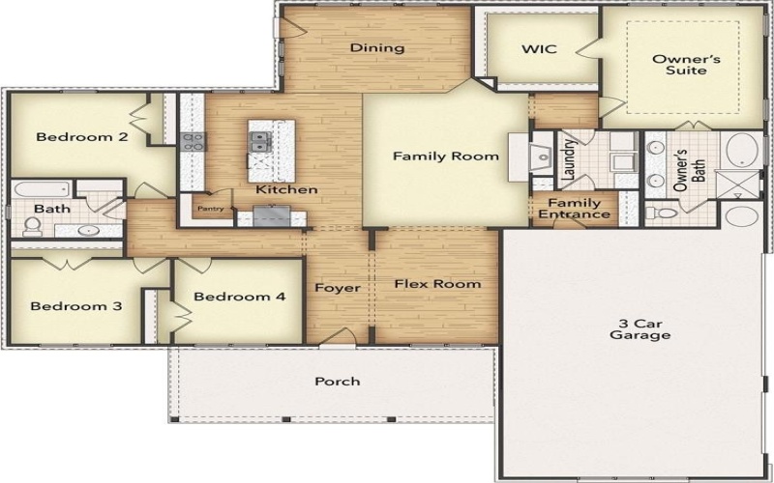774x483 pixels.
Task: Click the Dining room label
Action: click(376, 48)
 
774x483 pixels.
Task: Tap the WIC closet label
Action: click(539, 48)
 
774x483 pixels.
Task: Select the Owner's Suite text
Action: click(678, 65)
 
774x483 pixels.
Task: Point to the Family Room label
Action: click(445, 156)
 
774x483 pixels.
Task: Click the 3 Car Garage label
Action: click(640, 329)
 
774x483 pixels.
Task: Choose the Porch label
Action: click(338, 381)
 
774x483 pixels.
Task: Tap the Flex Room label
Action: click(437, 284)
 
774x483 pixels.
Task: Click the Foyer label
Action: click(338, 288)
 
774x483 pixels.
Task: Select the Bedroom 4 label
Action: click(239, 297)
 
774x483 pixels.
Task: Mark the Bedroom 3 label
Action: click(75, 306)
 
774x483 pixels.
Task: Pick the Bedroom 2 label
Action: click(82, 137)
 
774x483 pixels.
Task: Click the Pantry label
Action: click(209, 208)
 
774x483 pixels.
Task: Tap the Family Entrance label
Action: click(575, 209)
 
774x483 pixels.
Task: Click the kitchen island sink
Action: click(259, 142)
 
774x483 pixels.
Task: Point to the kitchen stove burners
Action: click(191, 142)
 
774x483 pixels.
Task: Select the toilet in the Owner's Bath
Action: click(657, 212)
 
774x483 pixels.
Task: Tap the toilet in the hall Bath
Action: click(32, 226)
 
